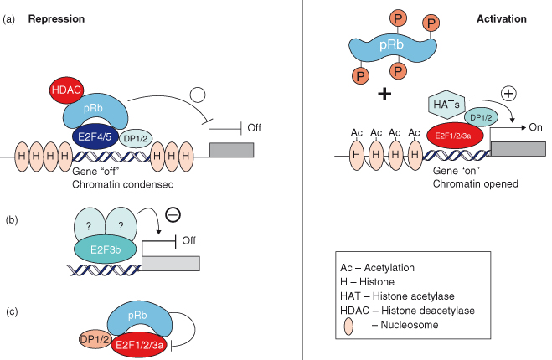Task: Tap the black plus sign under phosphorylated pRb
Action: tap(385, 94)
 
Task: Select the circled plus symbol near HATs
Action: tap(508, 93)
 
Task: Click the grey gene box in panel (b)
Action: tap(172, 262)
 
